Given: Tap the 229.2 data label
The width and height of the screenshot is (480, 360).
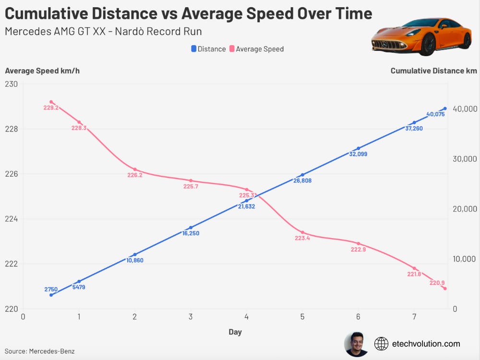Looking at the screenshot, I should coord(51,108).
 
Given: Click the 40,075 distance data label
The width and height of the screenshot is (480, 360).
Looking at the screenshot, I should coord(435,115).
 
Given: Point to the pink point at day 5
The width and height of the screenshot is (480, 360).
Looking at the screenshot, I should coord(302,232).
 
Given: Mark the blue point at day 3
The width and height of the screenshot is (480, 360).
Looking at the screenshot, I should coord(191,228).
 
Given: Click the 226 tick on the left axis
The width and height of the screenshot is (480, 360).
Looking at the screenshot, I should coord(11,174).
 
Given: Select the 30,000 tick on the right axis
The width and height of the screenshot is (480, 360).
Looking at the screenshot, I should coord(465,159).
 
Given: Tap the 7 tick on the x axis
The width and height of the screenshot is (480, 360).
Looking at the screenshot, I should coord(414,317).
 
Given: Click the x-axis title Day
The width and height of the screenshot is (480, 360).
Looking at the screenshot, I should coord(235,332).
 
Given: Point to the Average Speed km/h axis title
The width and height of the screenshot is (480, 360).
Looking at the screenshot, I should coord(42,71).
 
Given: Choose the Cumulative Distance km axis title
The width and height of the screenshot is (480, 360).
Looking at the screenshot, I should coord(433,71).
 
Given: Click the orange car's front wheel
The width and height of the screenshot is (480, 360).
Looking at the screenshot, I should coord(427,44).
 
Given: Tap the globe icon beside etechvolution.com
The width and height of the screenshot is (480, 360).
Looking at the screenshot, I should coord(381,344).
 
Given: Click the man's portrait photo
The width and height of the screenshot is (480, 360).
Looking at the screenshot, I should coord(356,344).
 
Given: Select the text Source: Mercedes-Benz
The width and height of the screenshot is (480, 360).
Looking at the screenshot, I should coord(39,351).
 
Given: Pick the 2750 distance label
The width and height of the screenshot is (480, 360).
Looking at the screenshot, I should coord(51,289).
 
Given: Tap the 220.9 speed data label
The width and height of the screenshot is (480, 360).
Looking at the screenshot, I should coord(437,283).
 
